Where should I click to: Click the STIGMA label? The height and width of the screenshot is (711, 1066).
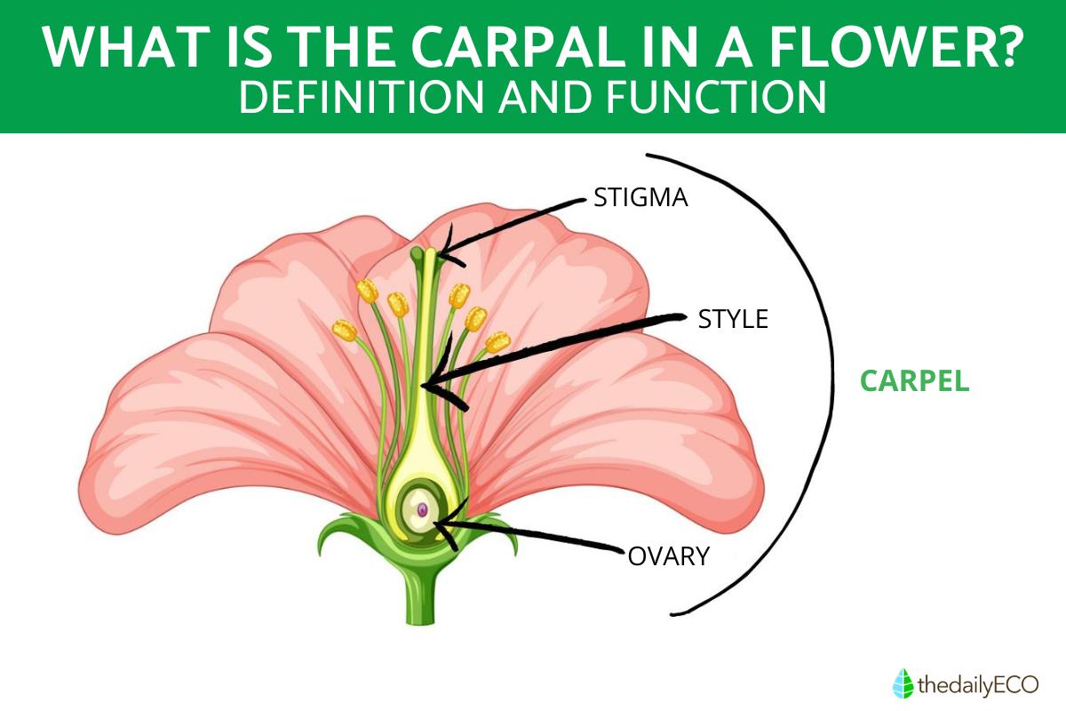(x=640, y=197)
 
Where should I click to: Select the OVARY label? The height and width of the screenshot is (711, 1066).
(x=669, y=556)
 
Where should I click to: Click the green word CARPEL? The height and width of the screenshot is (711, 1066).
(x=914, y=381)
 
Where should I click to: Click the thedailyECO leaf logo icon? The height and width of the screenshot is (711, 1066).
(x=902, y=683)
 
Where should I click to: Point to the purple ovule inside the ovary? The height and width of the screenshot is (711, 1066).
(x=424, y=510)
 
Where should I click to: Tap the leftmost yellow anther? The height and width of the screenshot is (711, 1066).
(x=344, y=332)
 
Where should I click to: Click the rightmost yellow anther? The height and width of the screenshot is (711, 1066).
(x=498, y=340)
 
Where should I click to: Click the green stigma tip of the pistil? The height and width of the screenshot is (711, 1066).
(x=418, y=256)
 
